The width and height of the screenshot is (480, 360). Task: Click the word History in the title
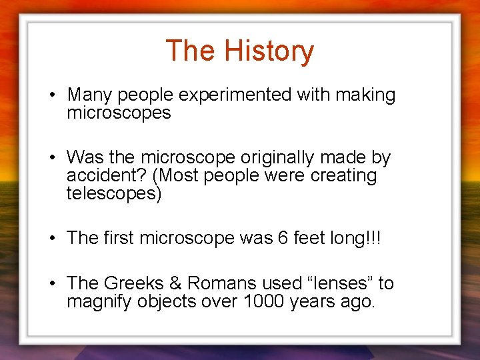coord(269,51)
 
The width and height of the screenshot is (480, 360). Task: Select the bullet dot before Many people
coord(51,95)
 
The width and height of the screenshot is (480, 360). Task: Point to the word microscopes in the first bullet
coord(119,113)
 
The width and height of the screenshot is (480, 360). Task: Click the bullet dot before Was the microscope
coord(51,158)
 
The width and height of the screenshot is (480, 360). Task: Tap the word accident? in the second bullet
coord(97,176)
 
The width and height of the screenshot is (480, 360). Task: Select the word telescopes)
coord(114,194)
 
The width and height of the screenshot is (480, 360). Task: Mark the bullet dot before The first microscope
coord(51,238)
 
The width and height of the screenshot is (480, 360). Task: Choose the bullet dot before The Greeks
coord(51,283)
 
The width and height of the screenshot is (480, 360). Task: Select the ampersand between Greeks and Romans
coord(177,283)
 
